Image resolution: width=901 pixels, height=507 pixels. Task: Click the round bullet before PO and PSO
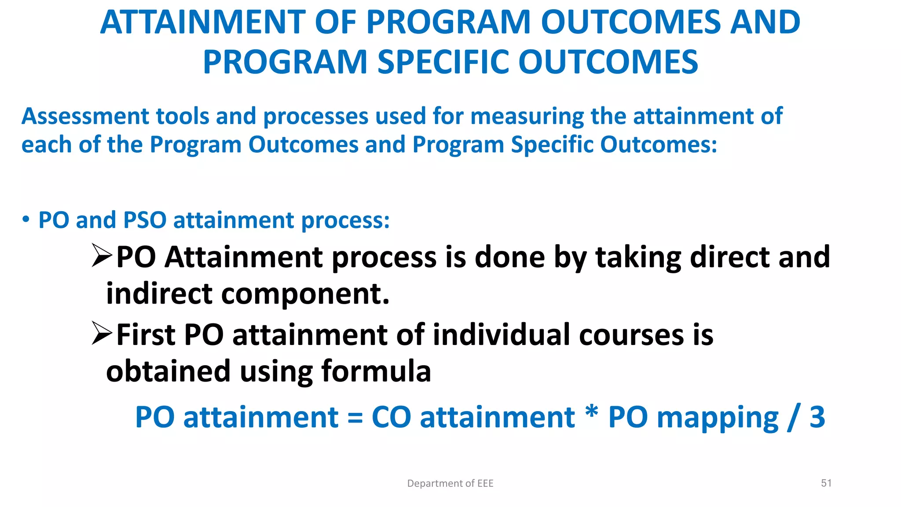pos(26,219)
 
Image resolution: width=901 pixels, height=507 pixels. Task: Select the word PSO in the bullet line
pos(145,220)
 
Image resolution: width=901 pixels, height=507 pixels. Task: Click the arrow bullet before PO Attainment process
pos(102,256)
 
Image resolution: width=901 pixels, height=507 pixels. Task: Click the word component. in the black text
pos(305,294)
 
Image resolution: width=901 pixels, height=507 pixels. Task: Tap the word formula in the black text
pos(376,371)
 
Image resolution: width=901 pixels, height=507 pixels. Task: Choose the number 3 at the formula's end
pos(817,417)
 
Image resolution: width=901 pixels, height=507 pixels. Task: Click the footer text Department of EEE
pos(450,483)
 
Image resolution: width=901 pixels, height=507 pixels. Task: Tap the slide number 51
pos(826,483)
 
